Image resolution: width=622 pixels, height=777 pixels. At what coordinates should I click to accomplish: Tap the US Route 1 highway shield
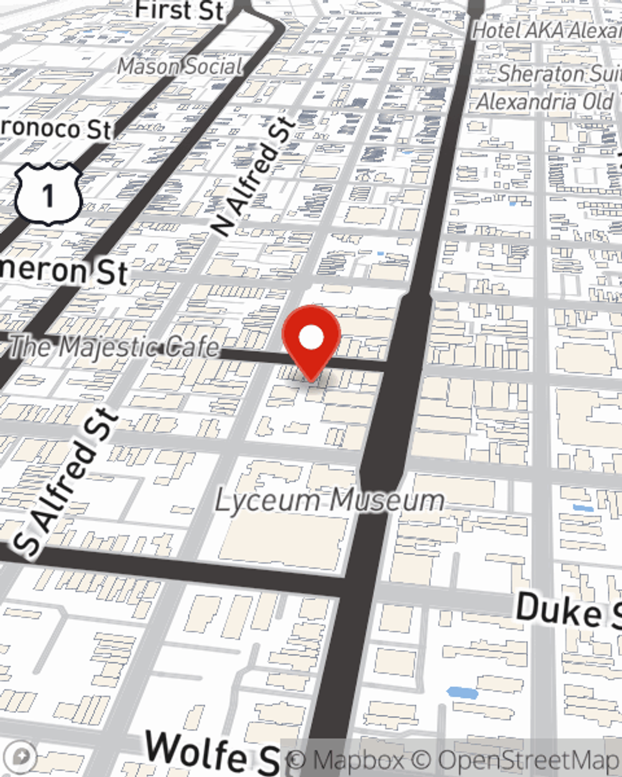[48, 195]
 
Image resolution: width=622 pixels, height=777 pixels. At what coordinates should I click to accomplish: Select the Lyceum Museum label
[330, 501]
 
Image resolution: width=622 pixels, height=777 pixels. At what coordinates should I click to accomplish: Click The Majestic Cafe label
[115, 347]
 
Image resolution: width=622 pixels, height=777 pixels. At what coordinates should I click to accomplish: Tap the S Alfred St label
[66, 482]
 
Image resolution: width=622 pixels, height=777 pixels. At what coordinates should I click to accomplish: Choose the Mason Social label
[180, 66]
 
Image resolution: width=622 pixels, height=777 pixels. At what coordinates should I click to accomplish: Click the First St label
[179, 11]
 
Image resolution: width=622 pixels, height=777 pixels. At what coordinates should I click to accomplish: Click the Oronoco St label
[56, 129]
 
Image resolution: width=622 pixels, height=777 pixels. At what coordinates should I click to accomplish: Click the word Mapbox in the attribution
[358, 760]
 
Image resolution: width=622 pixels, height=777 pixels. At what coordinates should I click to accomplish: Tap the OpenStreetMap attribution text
[529, 760]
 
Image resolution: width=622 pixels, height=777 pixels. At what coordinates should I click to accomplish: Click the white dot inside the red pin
[311, 338]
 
